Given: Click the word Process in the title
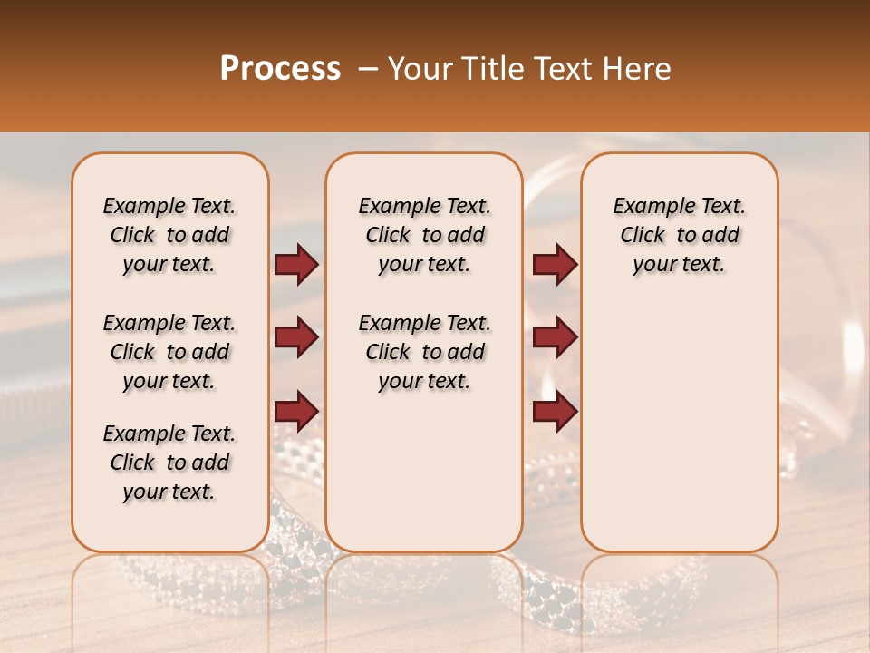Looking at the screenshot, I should [279, 69].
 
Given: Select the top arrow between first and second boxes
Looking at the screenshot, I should [296, 265].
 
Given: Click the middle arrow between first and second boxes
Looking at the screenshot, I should [296, 337].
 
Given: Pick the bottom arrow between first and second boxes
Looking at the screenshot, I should [296, 411].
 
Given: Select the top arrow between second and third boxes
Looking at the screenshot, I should [555, 265].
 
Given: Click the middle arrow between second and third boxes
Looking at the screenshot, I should [555, 337].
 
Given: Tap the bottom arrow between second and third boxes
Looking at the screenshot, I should [555, 411].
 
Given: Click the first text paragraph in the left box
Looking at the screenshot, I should [169, 235].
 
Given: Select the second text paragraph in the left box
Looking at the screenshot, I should [169, 352].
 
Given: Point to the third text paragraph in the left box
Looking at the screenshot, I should [169, 463].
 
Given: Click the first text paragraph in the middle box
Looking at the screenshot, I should [424, 235].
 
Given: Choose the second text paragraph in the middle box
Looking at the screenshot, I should [424, 352].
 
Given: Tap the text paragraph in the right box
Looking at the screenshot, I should [680, 235].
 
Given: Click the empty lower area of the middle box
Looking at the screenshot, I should [424, 472].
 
